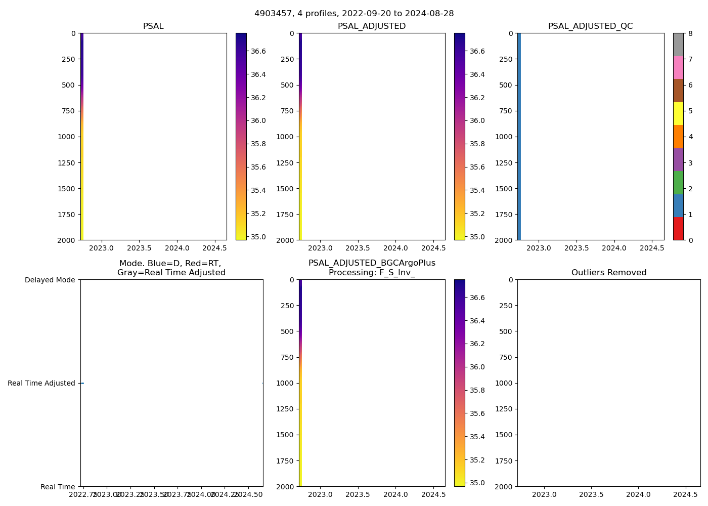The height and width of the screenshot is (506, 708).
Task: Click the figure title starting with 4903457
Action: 354,14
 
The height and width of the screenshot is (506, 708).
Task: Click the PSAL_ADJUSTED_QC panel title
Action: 590,26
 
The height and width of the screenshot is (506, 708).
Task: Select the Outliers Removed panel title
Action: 609,273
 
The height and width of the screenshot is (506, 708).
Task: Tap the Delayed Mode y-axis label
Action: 50,280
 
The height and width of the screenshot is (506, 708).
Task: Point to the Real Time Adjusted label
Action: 41,383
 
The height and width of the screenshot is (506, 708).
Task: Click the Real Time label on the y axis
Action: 58,487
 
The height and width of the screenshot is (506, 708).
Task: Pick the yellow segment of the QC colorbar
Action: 678,113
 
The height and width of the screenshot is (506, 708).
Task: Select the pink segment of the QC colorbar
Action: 678,67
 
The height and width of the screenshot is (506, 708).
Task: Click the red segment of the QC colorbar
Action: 678,229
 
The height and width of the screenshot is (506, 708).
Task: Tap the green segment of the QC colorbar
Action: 678,183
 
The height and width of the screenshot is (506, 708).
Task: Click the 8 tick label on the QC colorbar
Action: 690,33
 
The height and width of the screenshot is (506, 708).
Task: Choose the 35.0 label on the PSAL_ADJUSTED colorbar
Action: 477,237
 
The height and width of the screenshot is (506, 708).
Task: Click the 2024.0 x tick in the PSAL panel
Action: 177,248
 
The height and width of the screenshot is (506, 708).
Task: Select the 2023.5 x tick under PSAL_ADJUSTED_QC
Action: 577,248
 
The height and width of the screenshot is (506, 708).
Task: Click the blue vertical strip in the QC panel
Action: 519,137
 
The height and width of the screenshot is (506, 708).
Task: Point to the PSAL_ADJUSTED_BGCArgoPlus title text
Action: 372,263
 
